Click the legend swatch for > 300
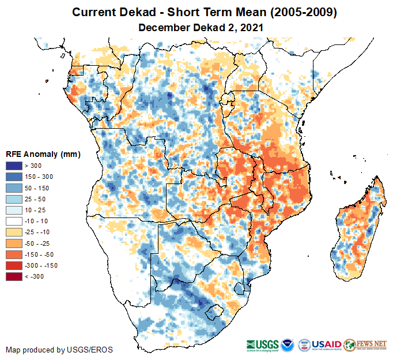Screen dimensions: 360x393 click(x=14, y=166)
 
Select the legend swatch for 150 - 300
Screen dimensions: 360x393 click(x=14, y=177)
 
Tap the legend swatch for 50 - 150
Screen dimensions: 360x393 click(x=14, y=188)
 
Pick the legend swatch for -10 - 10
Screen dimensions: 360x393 click(x=14, y=221)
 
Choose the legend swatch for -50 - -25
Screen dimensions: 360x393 click(x=14, y=243)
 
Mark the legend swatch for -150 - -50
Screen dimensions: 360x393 click(x=14, y=254)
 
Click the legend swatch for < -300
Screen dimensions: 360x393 click(x=14, y=276)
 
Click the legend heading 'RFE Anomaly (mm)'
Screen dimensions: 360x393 click(x=43, y=154)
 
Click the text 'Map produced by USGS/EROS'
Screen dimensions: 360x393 click(x=59, y=350)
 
